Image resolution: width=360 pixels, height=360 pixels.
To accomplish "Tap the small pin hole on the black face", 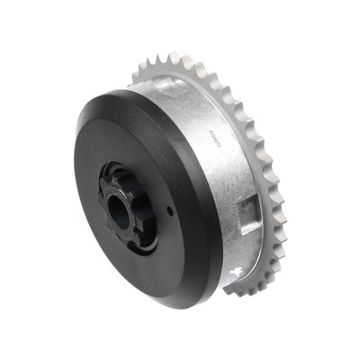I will (169, 209).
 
